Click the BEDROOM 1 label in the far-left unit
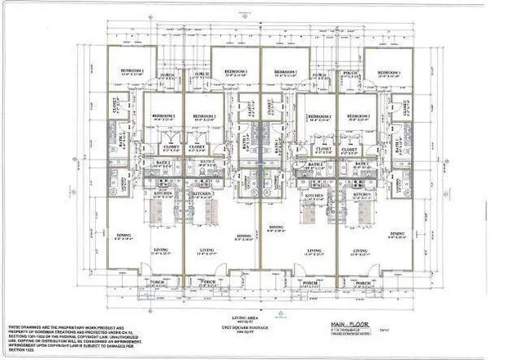131,71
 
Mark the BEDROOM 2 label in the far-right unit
359,116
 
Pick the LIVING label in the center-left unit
207,250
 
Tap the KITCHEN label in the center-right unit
315,196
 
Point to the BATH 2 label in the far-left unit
160,164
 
